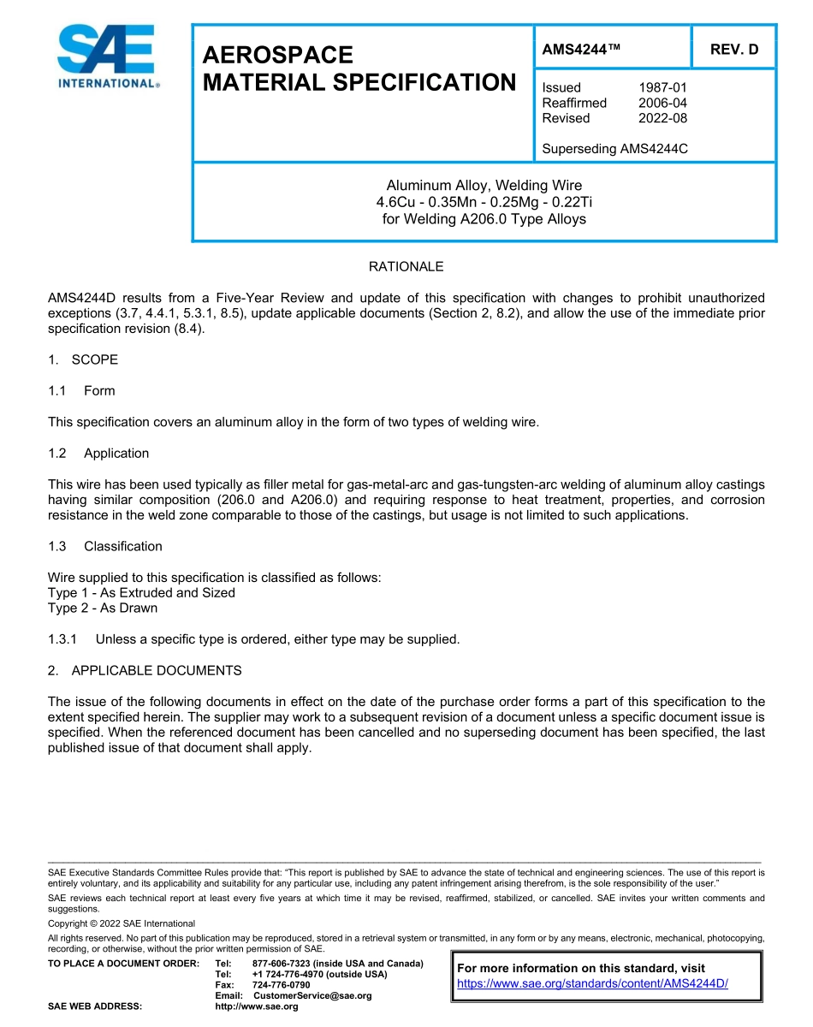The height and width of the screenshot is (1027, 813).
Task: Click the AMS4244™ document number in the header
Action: pyautogui.click(x=580, y=50)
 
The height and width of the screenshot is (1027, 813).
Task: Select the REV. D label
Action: pyautogui.click(x=734, y=50)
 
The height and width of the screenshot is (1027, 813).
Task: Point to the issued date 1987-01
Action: pyautogui.click(x=662, y=87)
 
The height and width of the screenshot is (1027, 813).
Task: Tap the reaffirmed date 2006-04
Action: pyautogui.click(x=662, y=103)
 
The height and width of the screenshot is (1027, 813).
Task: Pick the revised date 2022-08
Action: pyautogui.click(x=662, y=118)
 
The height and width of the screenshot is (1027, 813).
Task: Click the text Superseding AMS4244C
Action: pyautogui.click(x=614, y=149)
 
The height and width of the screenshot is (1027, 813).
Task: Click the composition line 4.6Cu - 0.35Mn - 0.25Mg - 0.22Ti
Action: pyautogui.click(x=484, y=202)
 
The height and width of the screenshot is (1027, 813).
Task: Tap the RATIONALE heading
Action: pyautogui.click(x=406, y=267)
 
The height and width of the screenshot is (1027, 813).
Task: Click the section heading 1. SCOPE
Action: pyautogui.click(x=83, y=359)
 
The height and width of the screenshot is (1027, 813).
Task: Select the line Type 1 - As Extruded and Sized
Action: pyautogui.click(x=141, y=593)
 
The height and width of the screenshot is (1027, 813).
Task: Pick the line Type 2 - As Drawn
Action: pyautogui.click(x=103, y=608)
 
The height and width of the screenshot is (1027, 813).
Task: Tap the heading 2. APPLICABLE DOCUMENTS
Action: pyautogui.click(x=145, y=670)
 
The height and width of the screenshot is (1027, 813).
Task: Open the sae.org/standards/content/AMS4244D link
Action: pyautogui.click(x=592, y=984)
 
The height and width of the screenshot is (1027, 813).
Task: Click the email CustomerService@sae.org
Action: pyautogui.click(x=312, y=996)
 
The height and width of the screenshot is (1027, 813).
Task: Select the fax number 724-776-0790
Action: pyautogui.click(x=282, y=985)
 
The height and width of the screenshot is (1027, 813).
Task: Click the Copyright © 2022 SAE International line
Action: pyautogui.click(x=122, y=923)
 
